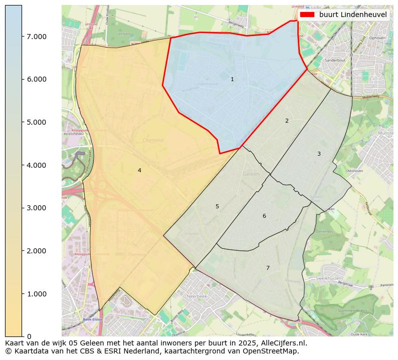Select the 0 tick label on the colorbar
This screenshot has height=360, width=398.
tap(29, 336)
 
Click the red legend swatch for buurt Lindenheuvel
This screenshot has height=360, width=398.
tap(307, 15)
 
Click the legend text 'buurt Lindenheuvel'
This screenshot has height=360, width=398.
tap(353, 15)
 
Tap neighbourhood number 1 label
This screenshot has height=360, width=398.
tap(232, 80)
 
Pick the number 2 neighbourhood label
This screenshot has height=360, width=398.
tap(287, 121)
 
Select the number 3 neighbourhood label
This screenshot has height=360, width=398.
tap(319, 154)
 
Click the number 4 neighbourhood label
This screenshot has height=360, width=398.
tap(139, 171)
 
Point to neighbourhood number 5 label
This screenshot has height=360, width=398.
tap(217, 207)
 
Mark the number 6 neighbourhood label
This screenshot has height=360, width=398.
tap(264, 216)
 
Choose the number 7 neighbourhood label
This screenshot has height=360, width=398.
tap(268, 268)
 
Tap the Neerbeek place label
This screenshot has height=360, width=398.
tap(196, 296)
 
